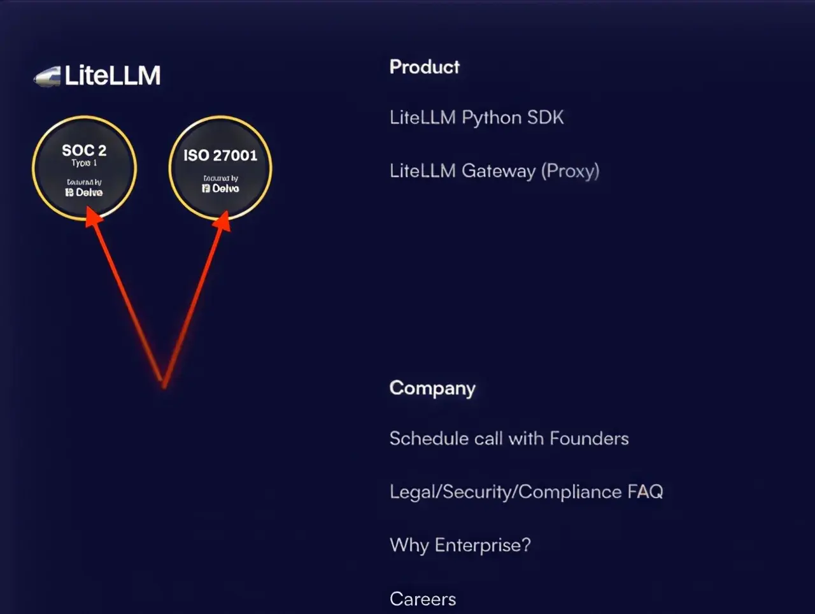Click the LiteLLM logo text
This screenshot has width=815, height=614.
point(113,76)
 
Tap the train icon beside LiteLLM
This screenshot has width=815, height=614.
point(47,76)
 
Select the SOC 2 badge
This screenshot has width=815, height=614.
point(84,168)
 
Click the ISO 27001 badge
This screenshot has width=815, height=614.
point(220,168)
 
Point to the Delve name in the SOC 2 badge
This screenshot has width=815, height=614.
point(89,192)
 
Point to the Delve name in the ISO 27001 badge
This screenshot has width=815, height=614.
point(225,189)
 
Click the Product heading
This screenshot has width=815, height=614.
point(425,67)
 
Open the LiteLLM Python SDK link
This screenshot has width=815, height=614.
point(476,117)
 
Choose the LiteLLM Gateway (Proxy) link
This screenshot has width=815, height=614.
point(494,171)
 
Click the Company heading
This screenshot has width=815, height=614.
point(432,388)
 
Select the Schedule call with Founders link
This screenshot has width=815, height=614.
point(509,438)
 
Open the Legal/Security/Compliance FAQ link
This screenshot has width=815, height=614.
point(526,492)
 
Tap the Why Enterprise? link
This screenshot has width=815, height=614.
point(460,545)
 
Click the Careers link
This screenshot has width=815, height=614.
point(423,599)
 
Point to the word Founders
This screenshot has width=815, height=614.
point(589,438)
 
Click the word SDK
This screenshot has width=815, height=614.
point(546,117)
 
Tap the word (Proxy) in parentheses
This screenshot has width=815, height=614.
point(570,171)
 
